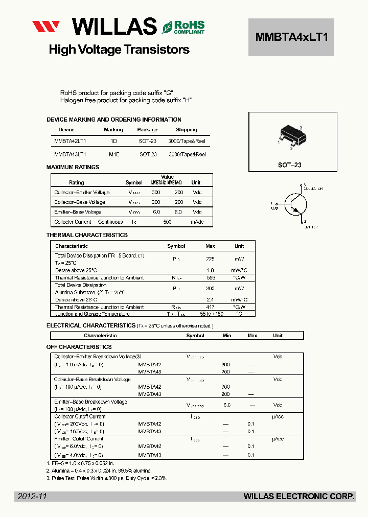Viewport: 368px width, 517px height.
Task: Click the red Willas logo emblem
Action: (46, 27)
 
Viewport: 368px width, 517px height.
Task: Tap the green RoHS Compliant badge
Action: (183, 27)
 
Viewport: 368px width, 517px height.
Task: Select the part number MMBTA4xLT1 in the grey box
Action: (291, 37)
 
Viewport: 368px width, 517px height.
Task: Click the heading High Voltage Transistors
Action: (119, 50)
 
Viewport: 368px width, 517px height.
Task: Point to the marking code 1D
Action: (113, 141)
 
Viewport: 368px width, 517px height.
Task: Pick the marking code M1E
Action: (113, 154)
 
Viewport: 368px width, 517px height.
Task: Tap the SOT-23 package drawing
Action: (291, 137)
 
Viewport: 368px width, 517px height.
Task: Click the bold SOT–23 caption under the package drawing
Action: (290, 165)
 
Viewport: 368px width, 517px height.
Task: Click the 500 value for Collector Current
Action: (167, 222)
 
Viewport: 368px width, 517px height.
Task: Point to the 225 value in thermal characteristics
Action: (210, 259)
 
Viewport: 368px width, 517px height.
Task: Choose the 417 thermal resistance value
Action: (210, 308)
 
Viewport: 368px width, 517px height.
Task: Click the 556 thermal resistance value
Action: (210, 278)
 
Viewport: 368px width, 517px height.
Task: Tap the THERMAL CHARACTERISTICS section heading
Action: (87, 235)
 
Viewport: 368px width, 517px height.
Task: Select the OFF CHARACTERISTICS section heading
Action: (79, 347)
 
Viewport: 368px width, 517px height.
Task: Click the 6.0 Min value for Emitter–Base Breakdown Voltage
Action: (227, 405)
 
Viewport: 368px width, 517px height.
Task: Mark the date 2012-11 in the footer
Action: (32, 496)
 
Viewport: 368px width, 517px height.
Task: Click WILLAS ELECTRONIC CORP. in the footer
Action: (299, 496)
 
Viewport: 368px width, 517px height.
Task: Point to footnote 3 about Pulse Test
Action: (106, 478)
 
